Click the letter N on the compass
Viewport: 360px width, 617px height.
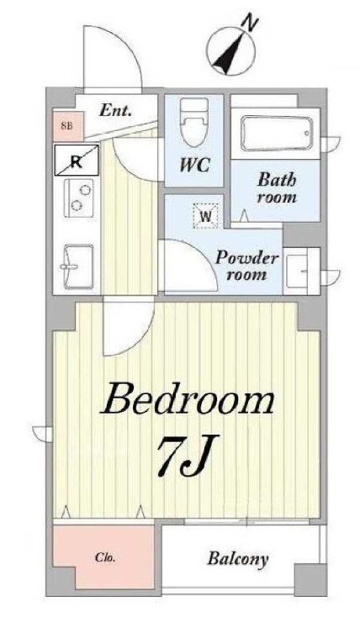(250, 22)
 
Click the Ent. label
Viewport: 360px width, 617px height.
(115, 111)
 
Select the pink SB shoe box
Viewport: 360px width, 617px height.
(68, 126)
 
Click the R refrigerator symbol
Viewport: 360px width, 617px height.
(76, 161)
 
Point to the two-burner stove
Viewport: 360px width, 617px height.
(79, 198)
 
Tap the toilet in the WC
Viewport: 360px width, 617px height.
(194, 123)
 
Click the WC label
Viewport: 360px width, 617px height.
(194, 166)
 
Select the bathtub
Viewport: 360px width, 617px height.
(276, 134)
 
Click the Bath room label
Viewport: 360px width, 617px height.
(277, 188)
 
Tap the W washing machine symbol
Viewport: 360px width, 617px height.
(205, 216)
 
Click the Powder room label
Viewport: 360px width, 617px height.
(246, 266)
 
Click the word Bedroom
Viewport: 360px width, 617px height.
(188, 399)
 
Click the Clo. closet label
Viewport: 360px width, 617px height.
(105, 558)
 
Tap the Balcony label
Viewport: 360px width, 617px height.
(238, 559)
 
